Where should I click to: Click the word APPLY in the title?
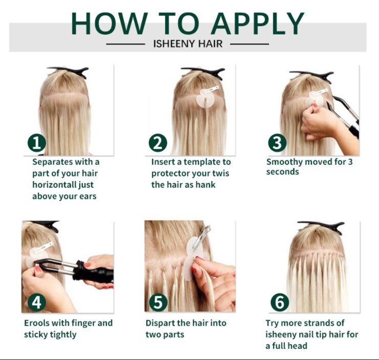(258, 24)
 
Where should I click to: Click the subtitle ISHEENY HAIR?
(188, 44)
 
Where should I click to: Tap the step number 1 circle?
(37, 143)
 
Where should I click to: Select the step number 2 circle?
(158, 143)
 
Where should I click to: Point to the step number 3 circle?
(277, 143)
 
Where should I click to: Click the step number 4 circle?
(37, 302)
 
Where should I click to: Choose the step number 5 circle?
(159, 302)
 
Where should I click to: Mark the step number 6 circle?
(280, 302)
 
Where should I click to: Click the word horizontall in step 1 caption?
(54, 185)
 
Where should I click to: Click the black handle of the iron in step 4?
(94, 273)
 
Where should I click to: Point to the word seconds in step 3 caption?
(282, 172)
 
